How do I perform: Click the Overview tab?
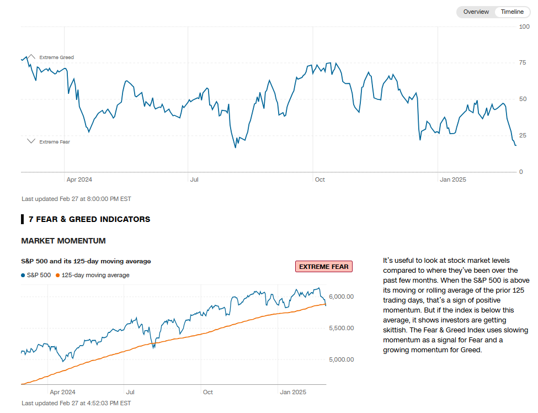click(x=476, y=12)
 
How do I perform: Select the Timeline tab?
click(x=512, y=12)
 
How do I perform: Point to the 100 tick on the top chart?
click(x=524, y=27)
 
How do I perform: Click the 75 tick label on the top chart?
click(x=523, y=63)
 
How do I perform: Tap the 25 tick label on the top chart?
click(x=523, y=136)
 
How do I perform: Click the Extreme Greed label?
click(x=56, y=57)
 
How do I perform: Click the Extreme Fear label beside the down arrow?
click(x=55, y=142)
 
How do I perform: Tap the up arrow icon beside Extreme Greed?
click(x=31, y=56)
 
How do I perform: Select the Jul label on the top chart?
click(x=194, y=179)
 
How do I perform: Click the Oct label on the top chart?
click(x=319, y=179)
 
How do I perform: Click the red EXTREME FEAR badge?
click(x=324, y=267)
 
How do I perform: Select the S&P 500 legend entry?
click(x=36, y=275)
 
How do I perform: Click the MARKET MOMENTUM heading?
click(x=63, y=241)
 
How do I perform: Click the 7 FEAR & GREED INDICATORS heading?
click(x=89, y=219)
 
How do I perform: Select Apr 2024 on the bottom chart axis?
click(x=62, y=393)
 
